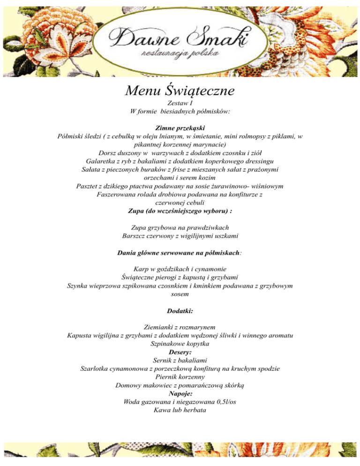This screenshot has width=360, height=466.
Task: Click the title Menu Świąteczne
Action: tap(180, 89)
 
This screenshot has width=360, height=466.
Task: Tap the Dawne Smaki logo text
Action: tap(180, 39)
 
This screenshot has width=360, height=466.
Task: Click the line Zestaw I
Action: tap(180, 103)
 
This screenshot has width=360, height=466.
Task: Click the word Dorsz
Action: tap(108, 153)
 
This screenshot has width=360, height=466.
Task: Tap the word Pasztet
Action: tap(88, 187)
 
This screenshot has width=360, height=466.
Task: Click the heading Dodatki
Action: tap(180, 310)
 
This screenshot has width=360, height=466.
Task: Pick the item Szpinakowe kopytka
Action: tap(180, 344)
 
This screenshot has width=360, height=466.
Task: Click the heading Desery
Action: tap(180, 352)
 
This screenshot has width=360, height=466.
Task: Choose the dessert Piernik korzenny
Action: tap(180, 376)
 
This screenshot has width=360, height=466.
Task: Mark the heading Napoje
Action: tap(180, 393)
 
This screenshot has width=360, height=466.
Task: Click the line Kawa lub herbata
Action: tap(180, 410)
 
